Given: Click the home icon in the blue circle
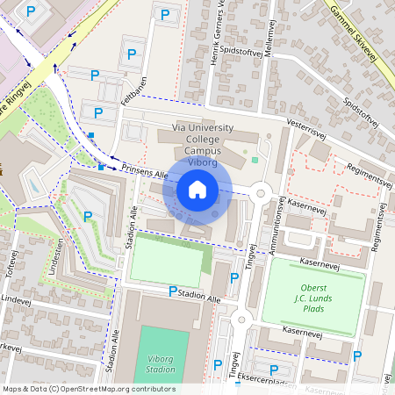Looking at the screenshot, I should (197, 190).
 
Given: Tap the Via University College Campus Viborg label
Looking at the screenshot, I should (203, 145).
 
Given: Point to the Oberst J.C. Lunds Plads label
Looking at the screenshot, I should (312, 296).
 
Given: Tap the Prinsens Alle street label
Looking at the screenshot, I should (144, 171).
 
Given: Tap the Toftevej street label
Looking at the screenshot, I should (12, 263).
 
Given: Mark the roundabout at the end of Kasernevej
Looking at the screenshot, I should (260, 193).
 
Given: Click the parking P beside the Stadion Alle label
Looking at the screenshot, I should (173, 291).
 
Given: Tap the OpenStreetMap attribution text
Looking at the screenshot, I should (89, 389).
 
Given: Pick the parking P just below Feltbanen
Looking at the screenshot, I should (98, 113).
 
